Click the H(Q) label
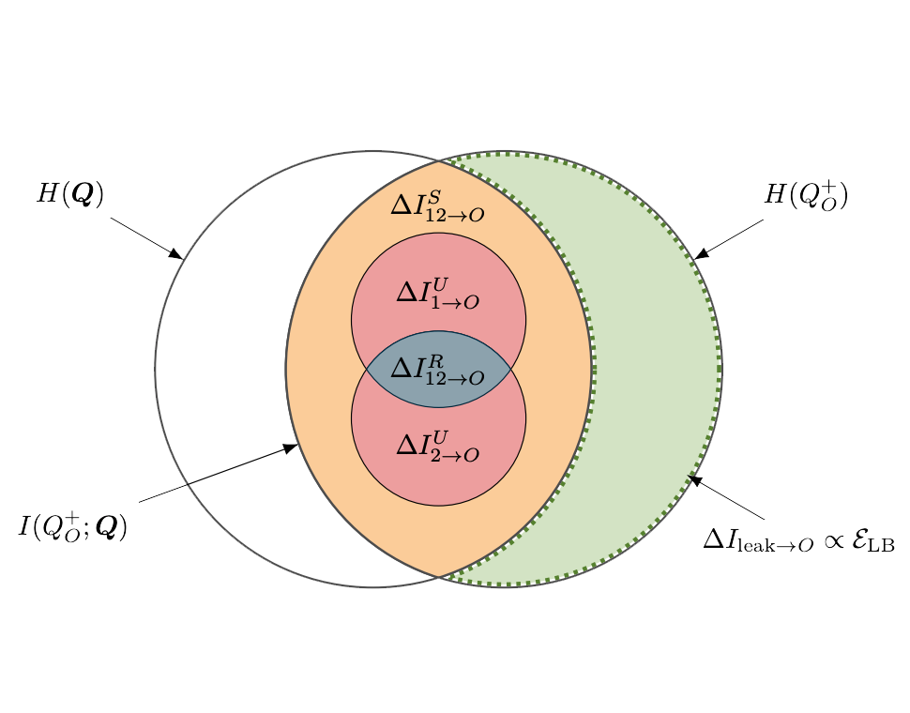click(x=69, y=194)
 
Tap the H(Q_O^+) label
click(x=807, y=194)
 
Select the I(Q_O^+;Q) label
click(x=73, y=525)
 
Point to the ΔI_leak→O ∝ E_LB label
click(x=798, y=541)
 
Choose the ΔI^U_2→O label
click(x=438, y=444)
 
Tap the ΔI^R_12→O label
click(x=438, y=370)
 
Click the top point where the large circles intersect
click(x=438, y=161)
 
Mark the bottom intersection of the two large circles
click(x=438, y=576)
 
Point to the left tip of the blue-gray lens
click(x=366, y=369)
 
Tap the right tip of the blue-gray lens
click(x=511, y=369)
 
